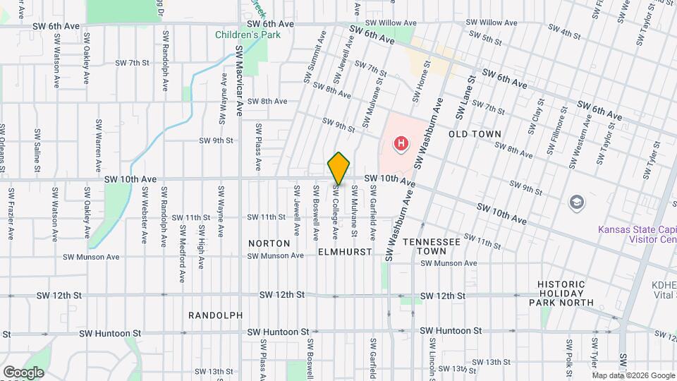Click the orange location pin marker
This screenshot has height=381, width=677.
(x=338, y=168)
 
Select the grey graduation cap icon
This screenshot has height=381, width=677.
(x=577, y=202)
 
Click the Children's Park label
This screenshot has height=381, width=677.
(x=248, y=35)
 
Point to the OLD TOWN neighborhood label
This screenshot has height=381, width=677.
(x=475, y=134)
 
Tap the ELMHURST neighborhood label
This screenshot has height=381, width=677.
(x=344, y=251)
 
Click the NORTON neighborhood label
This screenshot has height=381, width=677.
(x=269, y=243)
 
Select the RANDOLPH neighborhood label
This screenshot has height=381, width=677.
(x=216, y=315)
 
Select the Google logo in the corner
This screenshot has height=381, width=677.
(x=23, y=372)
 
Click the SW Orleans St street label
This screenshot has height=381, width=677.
(x=3, y=148)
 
